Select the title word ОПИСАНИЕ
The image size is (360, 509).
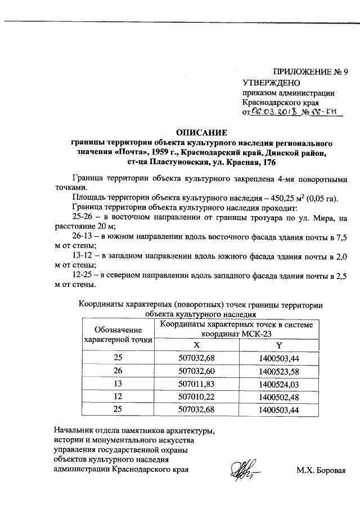click(x=202, y=133)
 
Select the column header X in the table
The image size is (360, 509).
click(x=196, y=345)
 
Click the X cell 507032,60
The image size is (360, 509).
click(x=196, y=371)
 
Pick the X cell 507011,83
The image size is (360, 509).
click(x=196, y=384)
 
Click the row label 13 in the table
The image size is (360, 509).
click(x=118, y=384)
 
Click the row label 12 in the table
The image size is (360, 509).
click(x=118, y=397)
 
